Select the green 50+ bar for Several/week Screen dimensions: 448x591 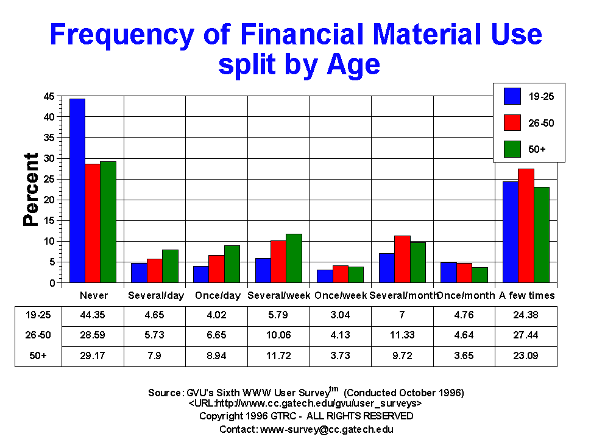point(294,258)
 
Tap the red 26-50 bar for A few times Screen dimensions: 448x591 point(525,226)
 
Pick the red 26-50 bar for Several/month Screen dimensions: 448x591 point(402,259)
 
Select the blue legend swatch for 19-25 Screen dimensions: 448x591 point(512,96)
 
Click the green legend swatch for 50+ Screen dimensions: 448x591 point(512,149)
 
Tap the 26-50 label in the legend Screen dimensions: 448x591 point(542,123)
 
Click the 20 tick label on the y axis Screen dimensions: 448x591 point(49,200)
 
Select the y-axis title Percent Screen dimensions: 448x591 point(31,189)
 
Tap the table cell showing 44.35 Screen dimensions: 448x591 point(93,316)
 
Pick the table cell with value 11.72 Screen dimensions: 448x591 point(278,356)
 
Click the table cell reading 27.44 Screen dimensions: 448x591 point(526,336)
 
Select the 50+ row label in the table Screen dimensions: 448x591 point(38,356)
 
